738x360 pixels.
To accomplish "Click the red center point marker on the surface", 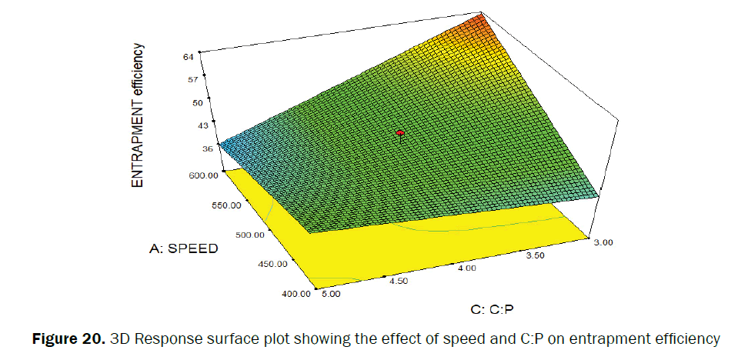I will click(400, 133).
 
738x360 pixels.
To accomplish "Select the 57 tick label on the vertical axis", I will click(192, 78).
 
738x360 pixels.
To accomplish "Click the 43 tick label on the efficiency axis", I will click(202, 125).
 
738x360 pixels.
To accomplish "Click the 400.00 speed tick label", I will click(295, 293).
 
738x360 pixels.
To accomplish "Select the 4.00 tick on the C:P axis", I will click(466, 268).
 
